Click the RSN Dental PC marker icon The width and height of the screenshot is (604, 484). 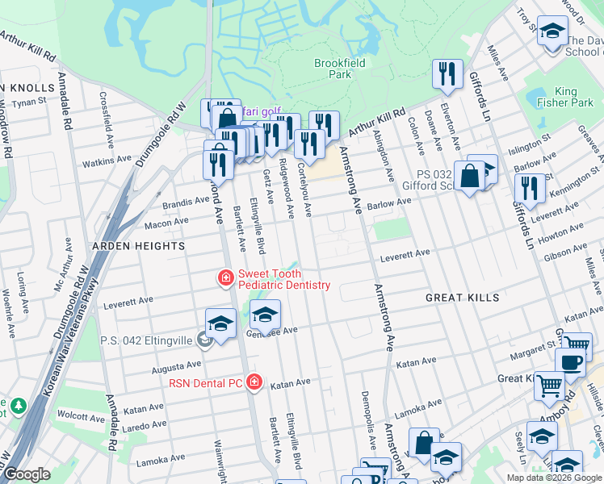(x=254, y=382)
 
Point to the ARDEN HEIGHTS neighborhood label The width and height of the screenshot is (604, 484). (x=138, y=245)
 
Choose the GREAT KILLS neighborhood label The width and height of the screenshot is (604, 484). (x=463, y=298)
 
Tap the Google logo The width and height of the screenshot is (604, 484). (x=27, y=474)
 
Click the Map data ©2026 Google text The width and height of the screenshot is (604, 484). (x=554, y=478)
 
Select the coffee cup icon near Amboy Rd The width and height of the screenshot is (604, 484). (x=571, y=362)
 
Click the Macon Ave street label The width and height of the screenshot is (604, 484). (x=166, y=220)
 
